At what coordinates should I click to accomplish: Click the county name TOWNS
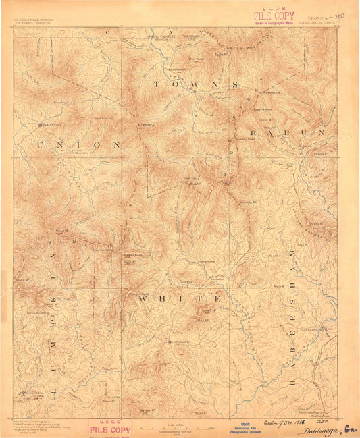point(195,85)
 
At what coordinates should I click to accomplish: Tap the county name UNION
point(78,144)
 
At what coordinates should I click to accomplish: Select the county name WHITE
point(180,298)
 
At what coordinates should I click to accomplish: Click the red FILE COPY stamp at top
point(274,14)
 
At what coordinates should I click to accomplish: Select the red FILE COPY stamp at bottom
point(110,428)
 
